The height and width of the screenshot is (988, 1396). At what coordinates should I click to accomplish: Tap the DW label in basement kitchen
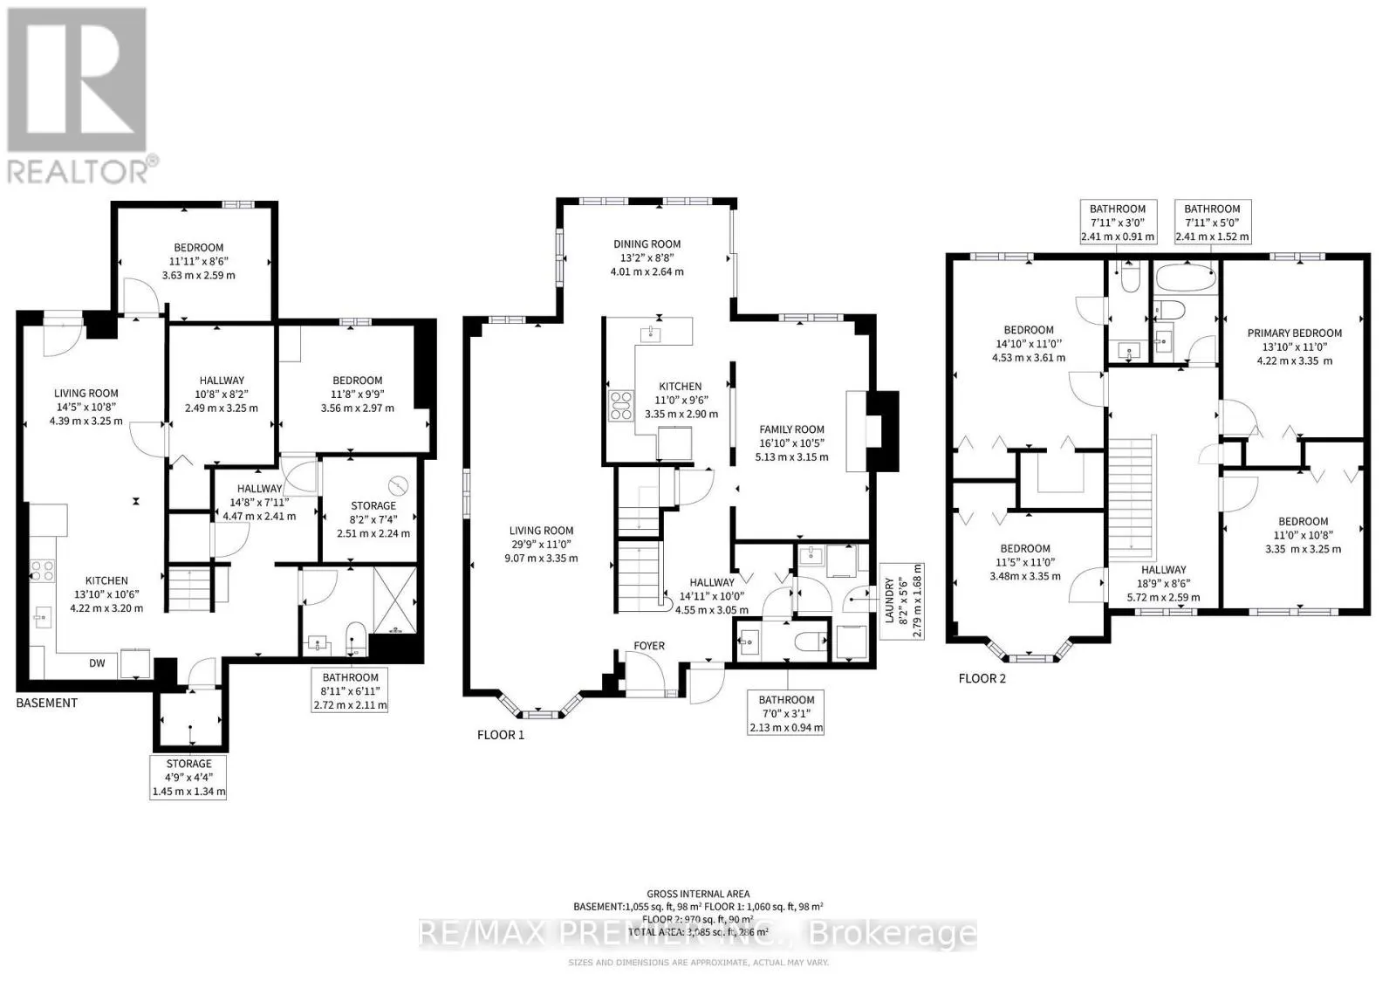[x=97, y=663]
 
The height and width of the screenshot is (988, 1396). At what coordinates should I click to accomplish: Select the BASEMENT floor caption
[x=47, y=703]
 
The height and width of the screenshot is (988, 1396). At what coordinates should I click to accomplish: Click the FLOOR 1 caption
[x=501, y=735]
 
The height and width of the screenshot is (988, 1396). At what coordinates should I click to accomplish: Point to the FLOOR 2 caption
[x=982, y=678]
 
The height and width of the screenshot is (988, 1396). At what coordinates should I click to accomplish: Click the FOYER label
[x=649, y=646]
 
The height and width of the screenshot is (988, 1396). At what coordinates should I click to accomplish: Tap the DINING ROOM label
[x=647, y=244]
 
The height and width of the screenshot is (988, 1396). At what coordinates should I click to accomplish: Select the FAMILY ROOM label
[x=791, y=429]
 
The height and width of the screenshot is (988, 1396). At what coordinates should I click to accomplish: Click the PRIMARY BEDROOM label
[x=1294, y=333]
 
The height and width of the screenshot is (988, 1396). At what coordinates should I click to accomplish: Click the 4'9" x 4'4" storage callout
[x=189, y=778]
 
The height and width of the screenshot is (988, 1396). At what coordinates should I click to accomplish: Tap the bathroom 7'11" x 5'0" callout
[x=1212, y=223]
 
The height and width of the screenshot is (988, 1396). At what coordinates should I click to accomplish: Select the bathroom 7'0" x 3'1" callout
[x=786, y=713]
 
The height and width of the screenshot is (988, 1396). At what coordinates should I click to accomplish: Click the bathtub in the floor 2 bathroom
[x=1185, y=280]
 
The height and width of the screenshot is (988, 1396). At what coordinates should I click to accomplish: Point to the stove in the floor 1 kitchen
[x=620, y=406]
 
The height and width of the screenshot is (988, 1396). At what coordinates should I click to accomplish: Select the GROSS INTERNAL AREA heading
[x=698, y=894]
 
